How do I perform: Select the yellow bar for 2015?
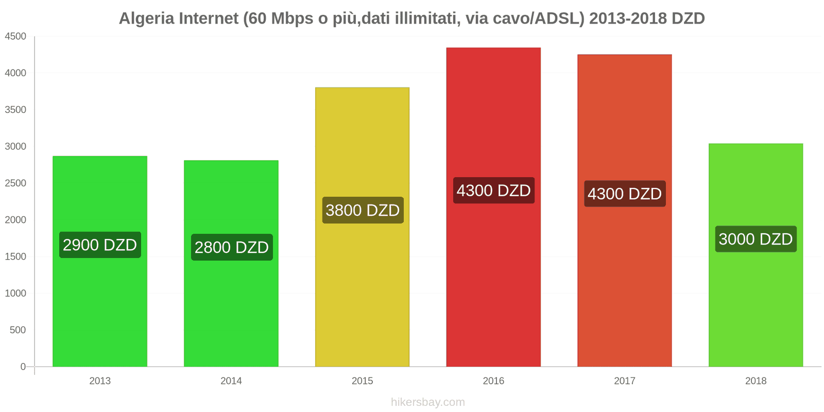click(362, 288)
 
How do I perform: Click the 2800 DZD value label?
click(232, 247)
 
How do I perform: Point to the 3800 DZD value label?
click(363, 210)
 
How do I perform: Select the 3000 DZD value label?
click(756, 239)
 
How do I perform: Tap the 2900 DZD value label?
click(100, 245)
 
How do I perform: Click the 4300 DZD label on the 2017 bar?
click(625, 194)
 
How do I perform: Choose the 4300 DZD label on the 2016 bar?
click(493, 191)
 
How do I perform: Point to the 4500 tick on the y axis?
click(15, 37)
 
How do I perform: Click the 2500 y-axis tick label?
click(15, 183)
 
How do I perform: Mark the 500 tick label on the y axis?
click(18, 330)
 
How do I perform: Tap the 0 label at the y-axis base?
click(23, 367)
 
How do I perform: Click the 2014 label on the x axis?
click(231, 381)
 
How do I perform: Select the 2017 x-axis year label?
click(624, 381)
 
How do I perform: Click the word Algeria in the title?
click(147, 19)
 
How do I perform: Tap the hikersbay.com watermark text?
click(427, 402)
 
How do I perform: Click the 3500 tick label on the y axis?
click(15, 110)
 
